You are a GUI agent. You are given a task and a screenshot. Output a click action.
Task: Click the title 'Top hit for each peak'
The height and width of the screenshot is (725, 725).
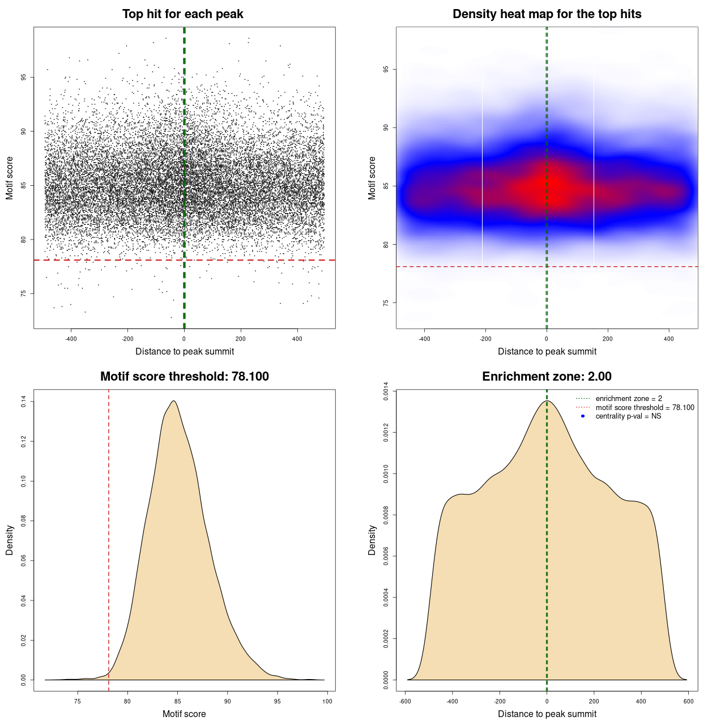(183, 14)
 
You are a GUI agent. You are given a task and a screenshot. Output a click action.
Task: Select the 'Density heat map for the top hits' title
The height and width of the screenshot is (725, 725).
(547, 14)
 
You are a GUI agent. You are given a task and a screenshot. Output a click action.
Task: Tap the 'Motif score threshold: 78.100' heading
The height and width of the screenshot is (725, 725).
(184, 377)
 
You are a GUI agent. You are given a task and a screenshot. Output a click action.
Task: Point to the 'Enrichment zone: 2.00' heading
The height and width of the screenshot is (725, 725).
(547, 377)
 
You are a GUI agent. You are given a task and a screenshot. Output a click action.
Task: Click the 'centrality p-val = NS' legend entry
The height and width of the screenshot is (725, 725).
(628, 416)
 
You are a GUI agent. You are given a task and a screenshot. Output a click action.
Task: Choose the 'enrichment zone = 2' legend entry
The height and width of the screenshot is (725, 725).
(629, 399)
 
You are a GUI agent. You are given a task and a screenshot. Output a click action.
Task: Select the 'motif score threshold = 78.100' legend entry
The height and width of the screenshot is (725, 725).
(645, 408)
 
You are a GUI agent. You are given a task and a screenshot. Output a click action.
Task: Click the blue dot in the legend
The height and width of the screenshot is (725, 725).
(583, 416)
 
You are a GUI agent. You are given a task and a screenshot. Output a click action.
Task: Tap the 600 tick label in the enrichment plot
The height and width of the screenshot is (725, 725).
(688, 701)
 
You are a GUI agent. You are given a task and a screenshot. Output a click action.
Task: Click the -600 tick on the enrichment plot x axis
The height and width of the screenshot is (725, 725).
(405, 701)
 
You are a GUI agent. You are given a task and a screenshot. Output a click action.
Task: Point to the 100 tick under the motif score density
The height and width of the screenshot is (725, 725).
(327, 701)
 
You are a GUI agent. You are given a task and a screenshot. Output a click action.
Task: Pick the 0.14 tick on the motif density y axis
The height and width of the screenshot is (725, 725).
(24, 402)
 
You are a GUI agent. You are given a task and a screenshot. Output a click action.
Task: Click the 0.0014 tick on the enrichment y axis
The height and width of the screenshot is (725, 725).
(386, 391)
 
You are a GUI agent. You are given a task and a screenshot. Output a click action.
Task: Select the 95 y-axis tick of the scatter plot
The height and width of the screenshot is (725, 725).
(24, 77)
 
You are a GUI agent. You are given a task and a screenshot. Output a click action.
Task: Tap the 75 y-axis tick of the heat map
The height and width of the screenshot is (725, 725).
(386, 303)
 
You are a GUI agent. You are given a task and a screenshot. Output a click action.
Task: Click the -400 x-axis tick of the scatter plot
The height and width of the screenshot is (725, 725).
(71, 339)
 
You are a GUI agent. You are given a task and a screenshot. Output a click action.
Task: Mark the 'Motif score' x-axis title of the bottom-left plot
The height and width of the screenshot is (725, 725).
(184, 714)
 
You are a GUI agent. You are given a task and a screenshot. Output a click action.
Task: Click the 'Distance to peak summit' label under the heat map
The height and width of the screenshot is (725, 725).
(547, 351)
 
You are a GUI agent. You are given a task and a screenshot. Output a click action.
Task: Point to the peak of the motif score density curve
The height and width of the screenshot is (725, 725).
(173, 401)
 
